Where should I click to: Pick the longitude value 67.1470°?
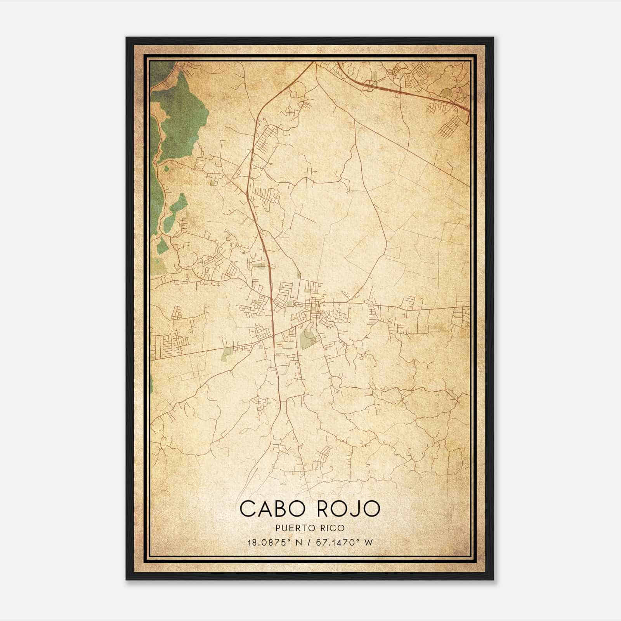click(335, 542)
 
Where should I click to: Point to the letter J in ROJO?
click(355, 509)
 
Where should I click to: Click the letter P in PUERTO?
click(279, 528)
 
